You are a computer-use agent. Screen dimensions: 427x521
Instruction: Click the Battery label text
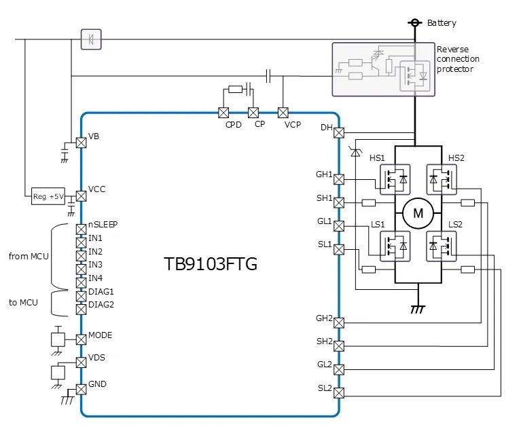(442, 23)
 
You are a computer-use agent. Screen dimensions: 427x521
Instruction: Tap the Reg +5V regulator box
(48, 197)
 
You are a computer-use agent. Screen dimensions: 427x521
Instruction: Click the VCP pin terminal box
(283, 112)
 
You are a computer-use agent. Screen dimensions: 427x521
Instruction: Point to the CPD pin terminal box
(223, 112)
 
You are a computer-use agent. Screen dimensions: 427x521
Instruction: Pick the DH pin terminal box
(340, 132)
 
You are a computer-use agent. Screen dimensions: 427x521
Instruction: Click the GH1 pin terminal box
(340, 179)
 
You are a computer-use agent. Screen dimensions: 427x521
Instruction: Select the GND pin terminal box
(81, 389)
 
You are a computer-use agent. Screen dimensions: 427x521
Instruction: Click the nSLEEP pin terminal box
(81, 229)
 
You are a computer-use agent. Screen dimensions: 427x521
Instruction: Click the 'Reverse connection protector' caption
(455, 59)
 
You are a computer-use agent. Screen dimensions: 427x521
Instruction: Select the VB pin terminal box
(81, 142)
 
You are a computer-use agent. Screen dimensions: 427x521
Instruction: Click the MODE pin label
(101, 335)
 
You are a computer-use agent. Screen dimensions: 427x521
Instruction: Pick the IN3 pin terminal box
(81, 267)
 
